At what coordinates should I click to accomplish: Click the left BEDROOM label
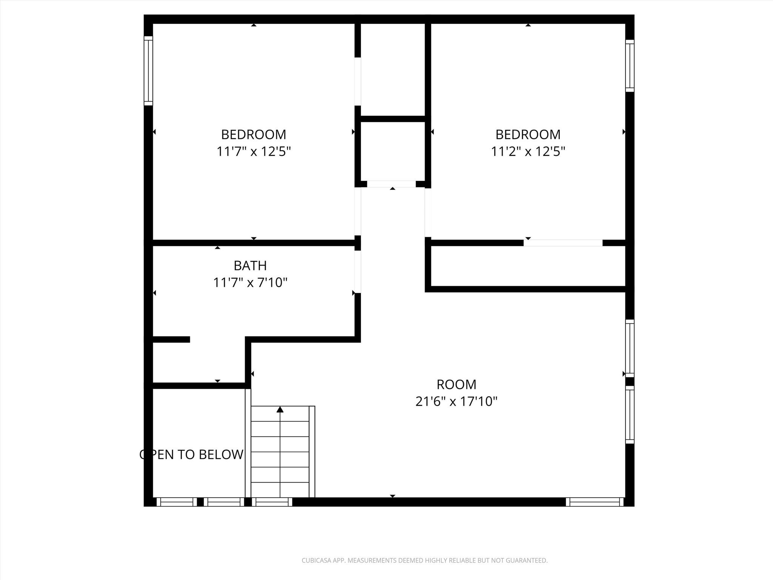coord(253,134)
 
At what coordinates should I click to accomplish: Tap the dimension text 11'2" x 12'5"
coord(528,152)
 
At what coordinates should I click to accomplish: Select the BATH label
coord(250,266)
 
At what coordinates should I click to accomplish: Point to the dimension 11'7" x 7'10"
coord(250,282)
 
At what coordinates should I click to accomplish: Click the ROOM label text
coord(456,384)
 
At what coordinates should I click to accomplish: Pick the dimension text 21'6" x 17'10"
coord(456,401)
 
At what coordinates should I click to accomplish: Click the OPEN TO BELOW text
coord(192,455)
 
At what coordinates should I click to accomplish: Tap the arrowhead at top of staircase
coord(280,409)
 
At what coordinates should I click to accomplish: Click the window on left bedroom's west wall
coord(148,71)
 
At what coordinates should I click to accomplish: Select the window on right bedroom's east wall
coord(630,66)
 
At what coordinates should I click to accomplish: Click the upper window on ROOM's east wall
coord(630,348)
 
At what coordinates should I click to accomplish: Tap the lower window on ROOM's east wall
coord(630,414)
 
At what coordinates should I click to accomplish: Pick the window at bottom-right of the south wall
coord(595,502)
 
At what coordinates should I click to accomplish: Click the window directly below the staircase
coord(272,502)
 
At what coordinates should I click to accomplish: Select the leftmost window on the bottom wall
coord(177,502)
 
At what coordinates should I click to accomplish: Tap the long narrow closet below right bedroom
coord(528,266)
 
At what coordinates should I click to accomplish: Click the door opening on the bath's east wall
coord(357,272)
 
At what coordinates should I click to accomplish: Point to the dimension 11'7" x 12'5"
coord(253,152)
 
